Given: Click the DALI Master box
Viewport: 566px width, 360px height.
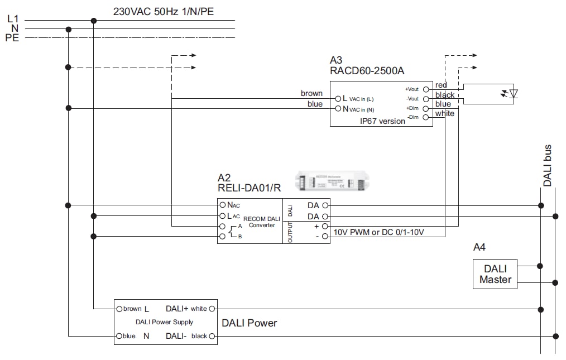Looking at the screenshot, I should [x=495, y=274].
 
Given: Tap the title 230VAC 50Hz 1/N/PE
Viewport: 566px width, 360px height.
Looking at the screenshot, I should [x=163, y=11].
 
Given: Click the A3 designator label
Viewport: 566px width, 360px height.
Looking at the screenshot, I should [x=336, y=60].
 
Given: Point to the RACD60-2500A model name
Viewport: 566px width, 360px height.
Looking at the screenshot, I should [x=367, y=71].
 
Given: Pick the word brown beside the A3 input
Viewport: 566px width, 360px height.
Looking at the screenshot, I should [x=311, y=93].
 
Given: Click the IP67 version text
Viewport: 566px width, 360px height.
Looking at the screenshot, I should [x=382, y=121].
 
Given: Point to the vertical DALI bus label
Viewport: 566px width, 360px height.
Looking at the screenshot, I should [x=548, y=166].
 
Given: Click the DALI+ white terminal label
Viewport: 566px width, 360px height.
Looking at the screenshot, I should [x=186, y=309].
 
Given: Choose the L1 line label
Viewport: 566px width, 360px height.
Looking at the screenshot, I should [x=13, y=19].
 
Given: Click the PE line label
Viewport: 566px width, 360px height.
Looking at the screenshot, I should [x=12, y=38].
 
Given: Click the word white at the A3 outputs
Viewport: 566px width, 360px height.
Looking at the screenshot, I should [x=445, y=114].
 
